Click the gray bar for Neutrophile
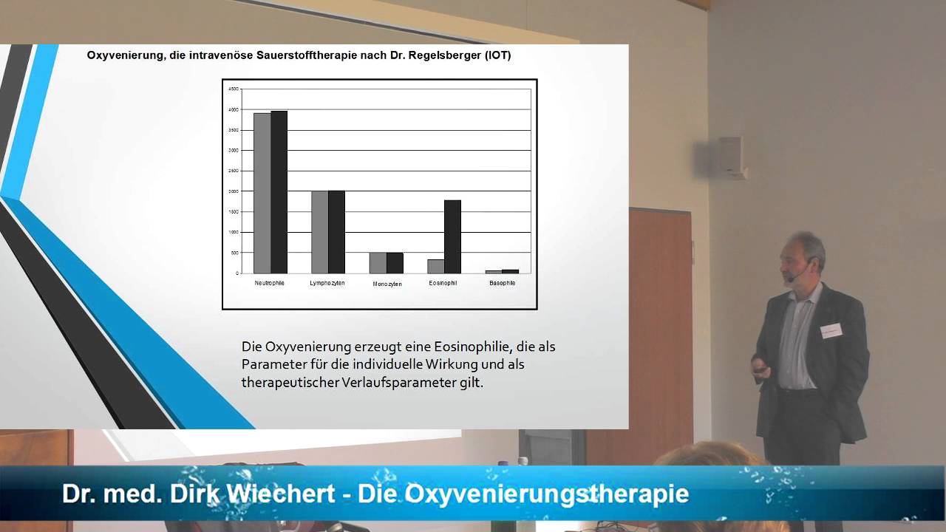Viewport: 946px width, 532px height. (x=262, y=193)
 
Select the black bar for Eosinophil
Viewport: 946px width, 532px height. (x=452, y=236)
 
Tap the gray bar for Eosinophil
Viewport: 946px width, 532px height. (x=435, y=266)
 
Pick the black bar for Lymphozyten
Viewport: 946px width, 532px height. (x=336, y=232)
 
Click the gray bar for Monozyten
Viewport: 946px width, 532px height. (x=378, y=263)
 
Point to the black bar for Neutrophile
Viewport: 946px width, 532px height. (x=279, y=192)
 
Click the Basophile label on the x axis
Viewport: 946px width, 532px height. (x=503, y=283)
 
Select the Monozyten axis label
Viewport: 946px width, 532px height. (x=387, y=284)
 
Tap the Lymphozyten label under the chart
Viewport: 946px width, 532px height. (x=327, y=283)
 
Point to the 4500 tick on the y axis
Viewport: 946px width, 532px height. (x=233, y=89)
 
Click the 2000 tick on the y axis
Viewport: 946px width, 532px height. (x=233, y=191)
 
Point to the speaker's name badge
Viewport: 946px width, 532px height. (x=831, y=330)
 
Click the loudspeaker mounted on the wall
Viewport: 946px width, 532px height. (x=730, y=156)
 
